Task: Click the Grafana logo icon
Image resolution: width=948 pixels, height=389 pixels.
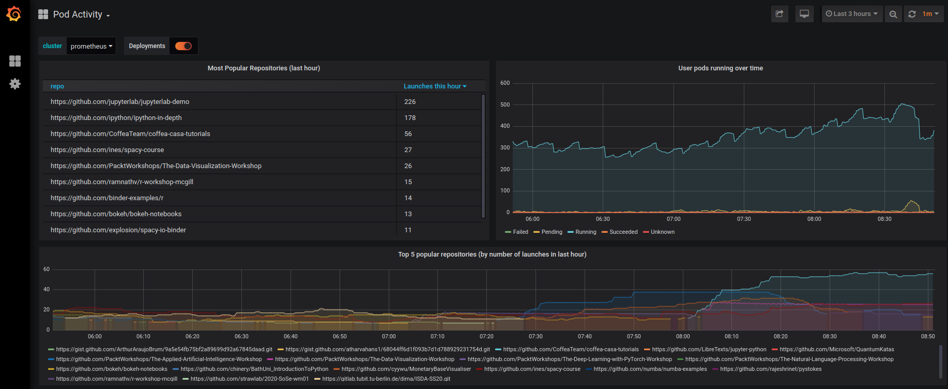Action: click(x=14, y=14)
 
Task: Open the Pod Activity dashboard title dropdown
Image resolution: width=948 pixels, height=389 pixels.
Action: click(x=78, y=14)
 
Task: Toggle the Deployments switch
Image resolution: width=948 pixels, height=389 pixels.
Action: click(x=183, y=46)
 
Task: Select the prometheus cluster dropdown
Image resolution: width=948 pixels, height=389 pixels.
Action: click(x=91, y=46)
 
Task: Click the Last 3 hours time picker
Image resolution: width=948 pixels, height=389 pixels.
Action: click(x=851, y=14)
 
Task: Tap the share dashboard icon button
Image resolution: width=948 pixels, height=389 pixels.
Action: click(x=779, y=14)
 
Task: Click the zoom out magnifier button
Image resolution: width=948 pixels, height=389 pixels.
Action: click(x=893, y=14)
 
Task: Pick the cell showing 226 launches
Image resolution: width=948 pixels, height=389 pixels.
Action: click(x=410, y=102)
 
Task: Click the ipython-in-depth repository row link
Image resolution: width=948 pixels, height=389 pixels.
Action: click(x=116, y=118)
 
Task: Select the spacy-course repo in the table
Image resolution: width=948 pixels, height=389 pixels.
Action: click(x=107, y=150)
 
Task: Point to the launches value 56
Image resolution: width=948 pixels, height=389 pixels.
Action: click(x=408, y=134)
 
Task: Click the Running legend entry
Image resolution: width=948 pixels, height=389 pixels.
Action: click(x=585, y=232)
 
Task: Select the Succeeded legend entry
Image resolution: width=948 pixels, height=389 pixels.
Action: click(x=623, y=232)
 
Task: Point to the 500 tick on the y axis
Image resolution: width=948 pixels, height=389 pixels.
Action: click(x=504, y=104)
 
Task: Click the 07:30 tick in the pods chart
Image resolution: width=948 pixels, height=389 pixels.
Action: click(x=744, y=219)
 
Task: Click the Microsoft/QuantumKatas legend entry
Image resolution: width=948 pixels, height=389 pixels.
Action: click(x=836, y=349)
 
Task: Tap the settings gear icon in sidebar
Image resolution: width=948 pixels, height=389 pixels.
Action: click(x=15, y=84)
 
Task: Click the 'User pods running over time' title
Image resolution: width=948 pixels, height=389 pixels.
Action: click(x=720, y=68)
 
